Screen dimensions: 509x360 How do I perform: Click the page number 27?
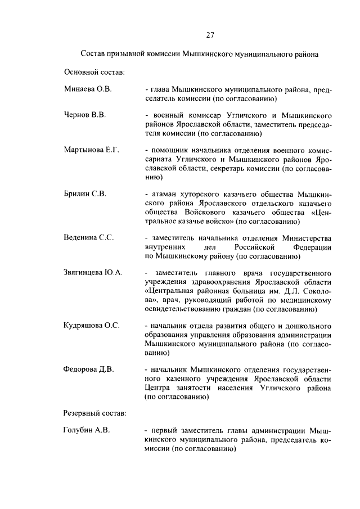209,35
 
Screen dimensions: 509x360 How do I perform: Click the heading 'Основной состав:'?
94,72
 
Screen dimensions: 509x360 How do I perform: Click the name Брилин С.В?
84,194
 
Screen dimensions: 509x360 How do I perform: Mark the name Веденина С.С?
89,237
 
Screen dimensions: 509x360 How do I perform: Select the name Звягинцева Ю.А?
93,273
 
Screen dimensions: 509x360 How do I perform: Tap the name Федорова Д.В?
89,370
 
